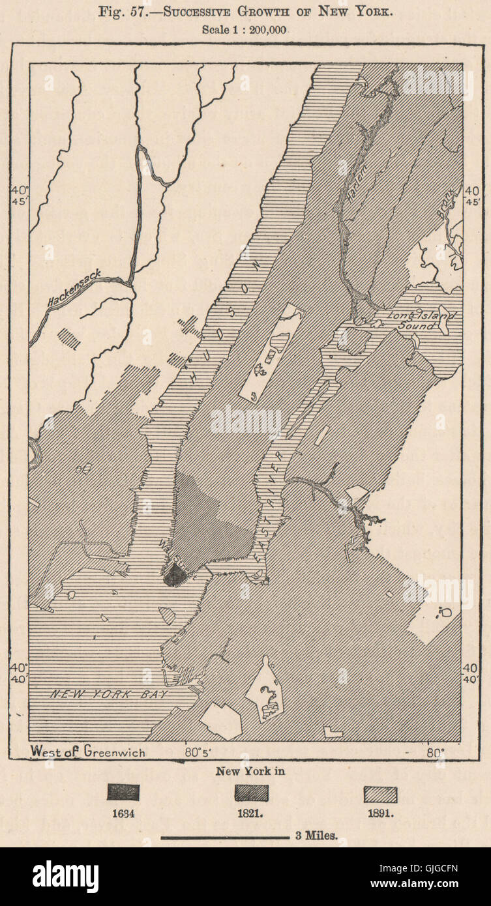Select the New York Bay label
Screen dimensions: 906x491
110,695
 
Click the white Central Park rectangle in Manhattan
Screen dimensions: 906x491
270,352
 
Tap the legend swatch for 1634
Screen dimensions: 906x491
123,793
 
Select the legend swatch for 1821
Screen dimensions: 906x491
250,793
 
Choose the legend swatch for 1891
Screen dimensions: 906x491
381,794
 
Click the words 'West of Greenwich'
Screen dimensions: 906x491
88,752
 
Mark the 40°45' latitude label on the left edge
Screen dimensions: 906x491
18,196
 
